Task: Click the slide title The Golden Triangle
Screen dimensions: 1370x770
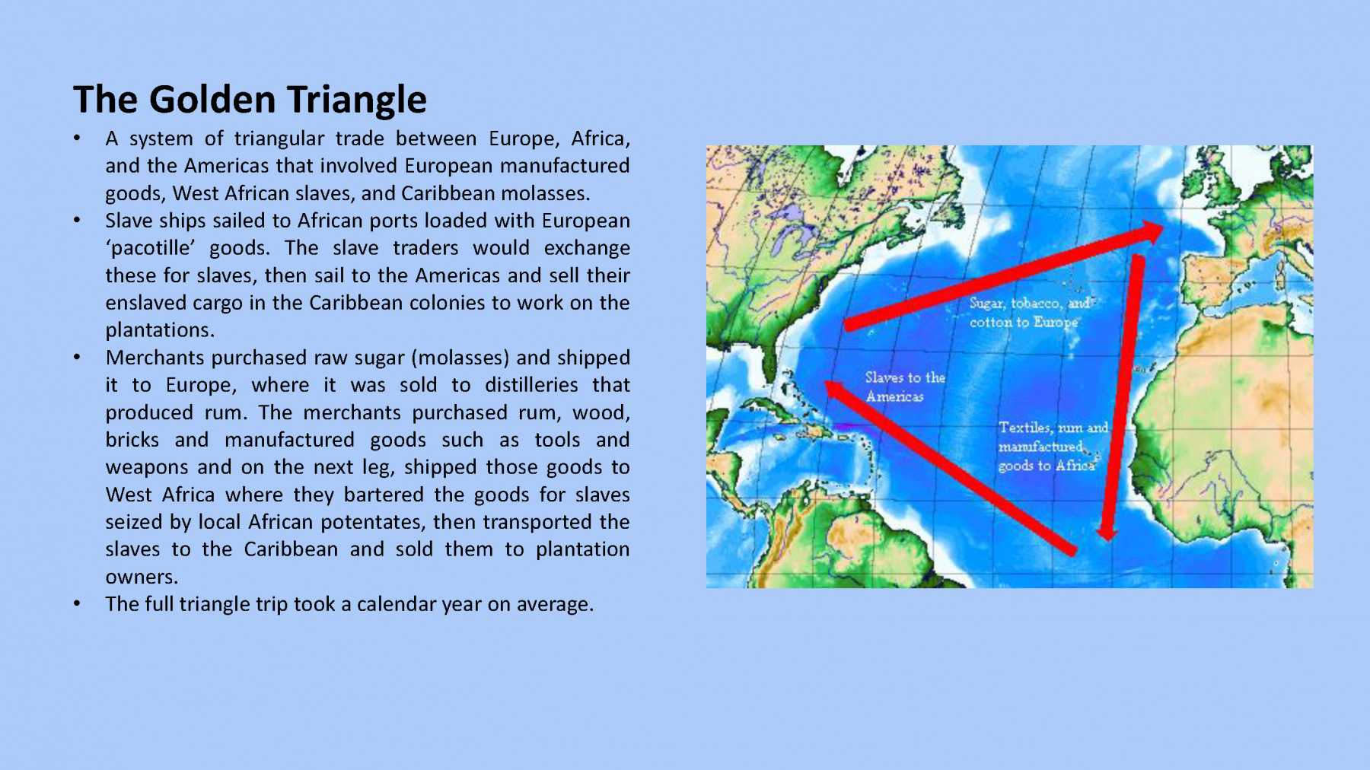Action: (x=250, y=100)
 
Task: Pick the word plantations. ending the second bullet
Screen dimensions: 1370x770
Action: (x=160, y=330)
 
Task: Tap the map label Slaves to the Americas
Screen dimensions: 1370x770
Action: (x=905, y=387)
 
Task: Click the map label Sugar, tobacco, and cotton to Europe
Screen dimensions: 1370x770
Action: (x=1030, y=312)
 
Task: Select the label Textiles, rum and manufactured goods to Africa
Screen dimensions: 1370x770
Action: (x=1053, y=447)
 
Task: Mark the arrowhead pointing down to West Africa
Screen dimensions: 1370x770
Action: (x=1107, y=532)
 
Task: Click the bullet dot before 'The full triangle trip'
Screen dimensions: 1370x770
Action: (x=77, y=604)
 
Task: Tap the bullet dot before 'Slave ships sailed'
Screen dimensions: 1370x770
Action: (x=77, y=221)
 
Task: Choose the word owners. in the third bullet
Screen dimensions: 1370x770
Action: (x=142, y=577)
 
